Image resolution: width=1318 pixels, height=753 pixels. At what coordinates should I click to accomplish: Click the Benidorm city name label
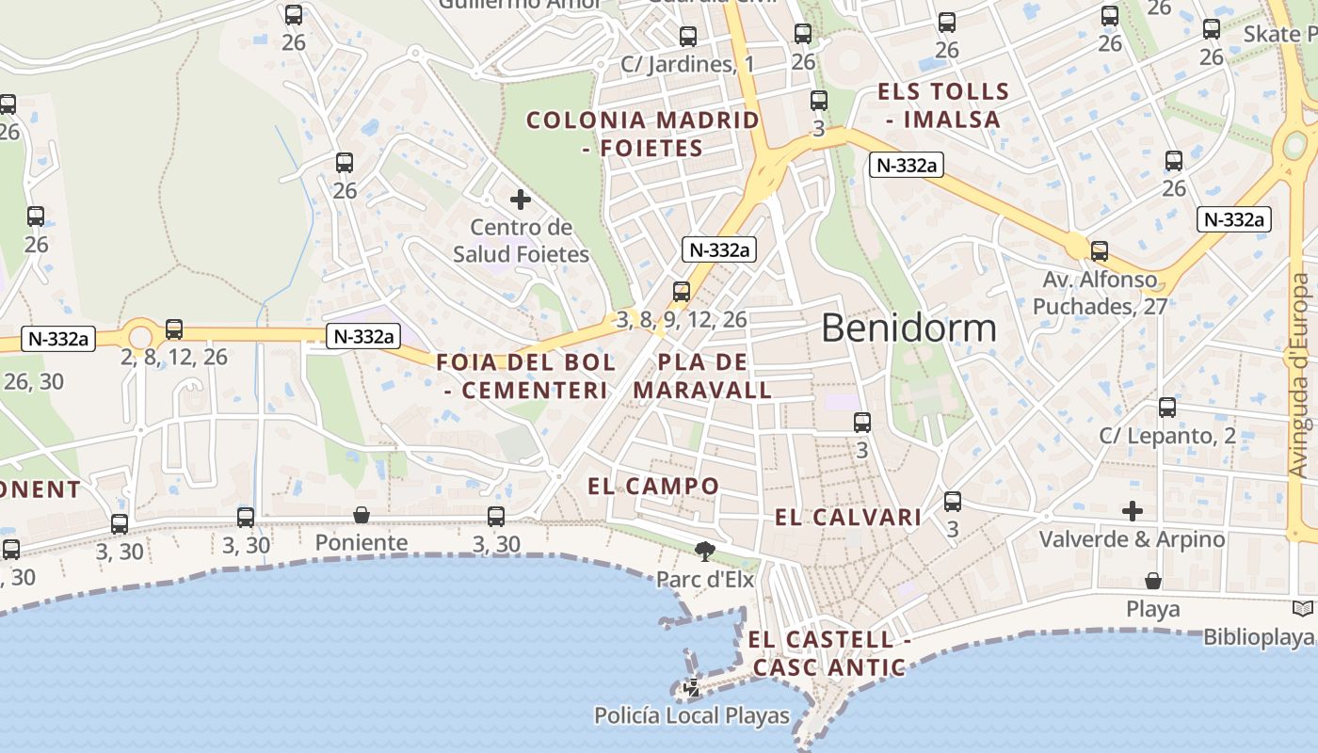pos(908,328)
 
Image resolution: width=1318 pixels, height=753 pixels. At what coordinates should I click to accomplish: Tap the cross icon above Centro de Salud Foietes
pos(521,200)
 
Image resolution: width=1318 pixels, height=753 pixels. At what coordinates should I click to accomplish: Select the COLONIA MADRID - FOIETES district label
pos(643,134)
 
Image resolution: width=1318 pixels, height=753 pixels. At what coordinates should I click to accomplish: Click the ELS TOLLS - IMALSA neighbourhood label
pos(943,105)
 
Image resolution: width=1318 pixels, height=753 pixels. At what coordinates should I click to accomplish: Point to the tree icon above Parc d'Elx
pos(703,552)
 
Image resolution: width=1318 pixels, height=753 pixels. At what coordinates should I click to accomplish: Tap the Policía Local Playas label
pos(692,715)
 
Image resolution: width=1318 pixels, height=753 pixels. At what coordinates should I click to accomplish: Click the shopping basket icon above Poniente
pos(362,515)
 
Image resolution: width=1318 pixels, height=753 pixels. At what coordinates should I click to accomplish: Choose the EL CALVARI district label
pos(848,517)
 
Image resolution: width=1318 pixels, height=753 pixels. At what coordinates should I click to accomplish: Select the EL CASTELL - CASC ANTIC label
pos(828,653)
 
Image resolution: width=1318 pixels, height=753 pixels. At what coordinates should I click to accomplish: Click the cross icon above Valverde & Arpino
pos(1133,511)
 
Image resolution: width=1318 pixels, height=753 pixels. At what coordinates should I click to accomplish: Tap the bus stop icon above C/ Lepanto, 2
pos(1167,408)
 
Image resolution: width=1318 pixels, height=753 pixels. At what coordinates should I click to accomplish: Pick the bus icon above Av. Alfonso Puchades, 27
pos(1099,251)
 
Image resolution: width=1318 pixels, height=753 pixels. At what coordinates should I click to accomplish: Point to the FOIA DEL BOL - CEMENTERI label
pos(526,376)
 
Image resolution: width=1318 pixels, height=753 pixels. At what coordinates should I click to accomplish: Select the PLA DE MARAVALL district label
pos(702,376)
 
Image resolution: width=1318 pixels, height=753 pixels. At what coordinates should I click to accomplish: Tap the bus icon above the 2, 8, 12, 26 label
pos(174,329)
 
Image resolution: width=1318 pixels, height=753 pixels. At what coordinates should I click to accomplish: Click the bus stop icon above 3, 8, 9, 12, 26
pos(682,292)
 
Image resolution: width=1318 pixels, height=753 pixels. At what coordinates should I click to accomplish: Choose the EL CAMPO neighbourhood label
pos(653,487)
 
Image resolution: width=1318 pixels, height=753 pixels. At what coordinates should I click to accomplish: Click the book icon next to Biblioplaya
pos(1304,609)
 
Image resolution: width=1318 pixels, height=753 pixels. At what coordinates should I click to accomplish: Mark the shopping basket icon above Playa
pos(1153,581)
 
